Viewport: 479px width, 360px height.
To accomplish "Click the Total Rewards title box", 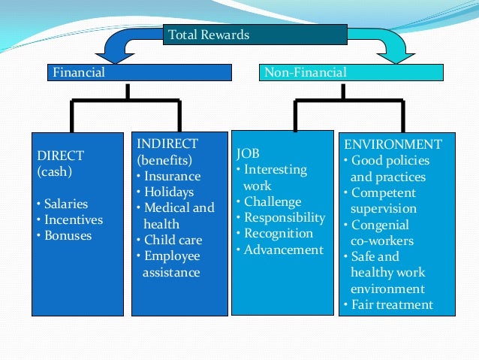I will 255,35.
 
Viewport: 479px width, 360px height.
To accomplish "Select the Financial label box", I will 140,73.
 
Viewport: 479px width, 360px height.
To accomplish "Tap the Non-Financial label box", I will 351,73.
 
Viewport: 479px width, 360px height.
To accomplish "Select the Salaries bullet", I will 64,204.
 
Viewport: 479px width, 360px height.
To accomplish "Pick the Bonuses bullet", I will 65,235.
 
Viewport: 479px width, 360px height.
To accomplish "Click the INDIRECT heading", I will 167,144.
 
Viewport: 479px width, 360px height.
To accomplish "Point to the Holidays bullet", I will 169,192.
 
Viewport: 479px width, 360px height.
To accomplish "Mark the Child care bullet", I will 172,240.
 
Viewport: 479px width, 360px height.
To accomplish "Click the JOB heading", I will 248,154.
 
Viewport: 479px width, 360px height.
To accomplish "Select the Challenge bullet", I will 271,201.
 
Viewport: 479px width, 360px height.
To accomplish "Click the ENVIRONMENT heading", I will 393,144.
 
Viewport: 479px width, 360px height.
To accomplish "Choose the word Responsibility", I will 284,218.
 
